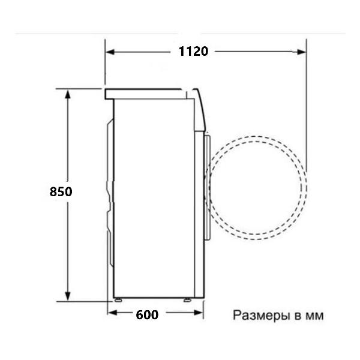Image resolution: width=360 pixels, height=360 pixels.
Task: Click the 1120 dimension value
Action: [x=193, y=51]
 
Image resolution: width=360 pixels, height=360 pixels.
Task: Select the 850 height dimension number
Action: [x=61, y=192]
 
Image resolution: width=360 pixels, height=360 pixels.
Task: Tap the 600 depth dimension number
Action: [x=147, y=315]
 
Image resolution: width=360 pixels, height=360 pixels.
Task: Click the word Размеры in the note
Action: [x=261, y=316]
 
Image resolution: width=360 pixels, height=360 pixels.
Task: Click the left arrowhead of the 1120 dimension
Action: [x=110, y=52]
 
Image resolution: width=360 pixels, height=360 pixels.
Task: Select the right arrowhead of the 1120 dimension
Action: [x=301, y=52]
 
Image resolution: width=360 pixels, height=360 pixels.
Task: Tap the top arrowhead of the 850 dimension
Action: [x=67, y=94]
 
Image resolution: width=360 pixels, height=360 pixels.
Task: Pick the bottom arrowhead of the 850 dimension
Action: [x=67, y=296]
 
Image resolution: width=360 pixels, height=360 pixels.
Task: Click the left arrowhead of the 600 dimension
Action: [x=112, y=313]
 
